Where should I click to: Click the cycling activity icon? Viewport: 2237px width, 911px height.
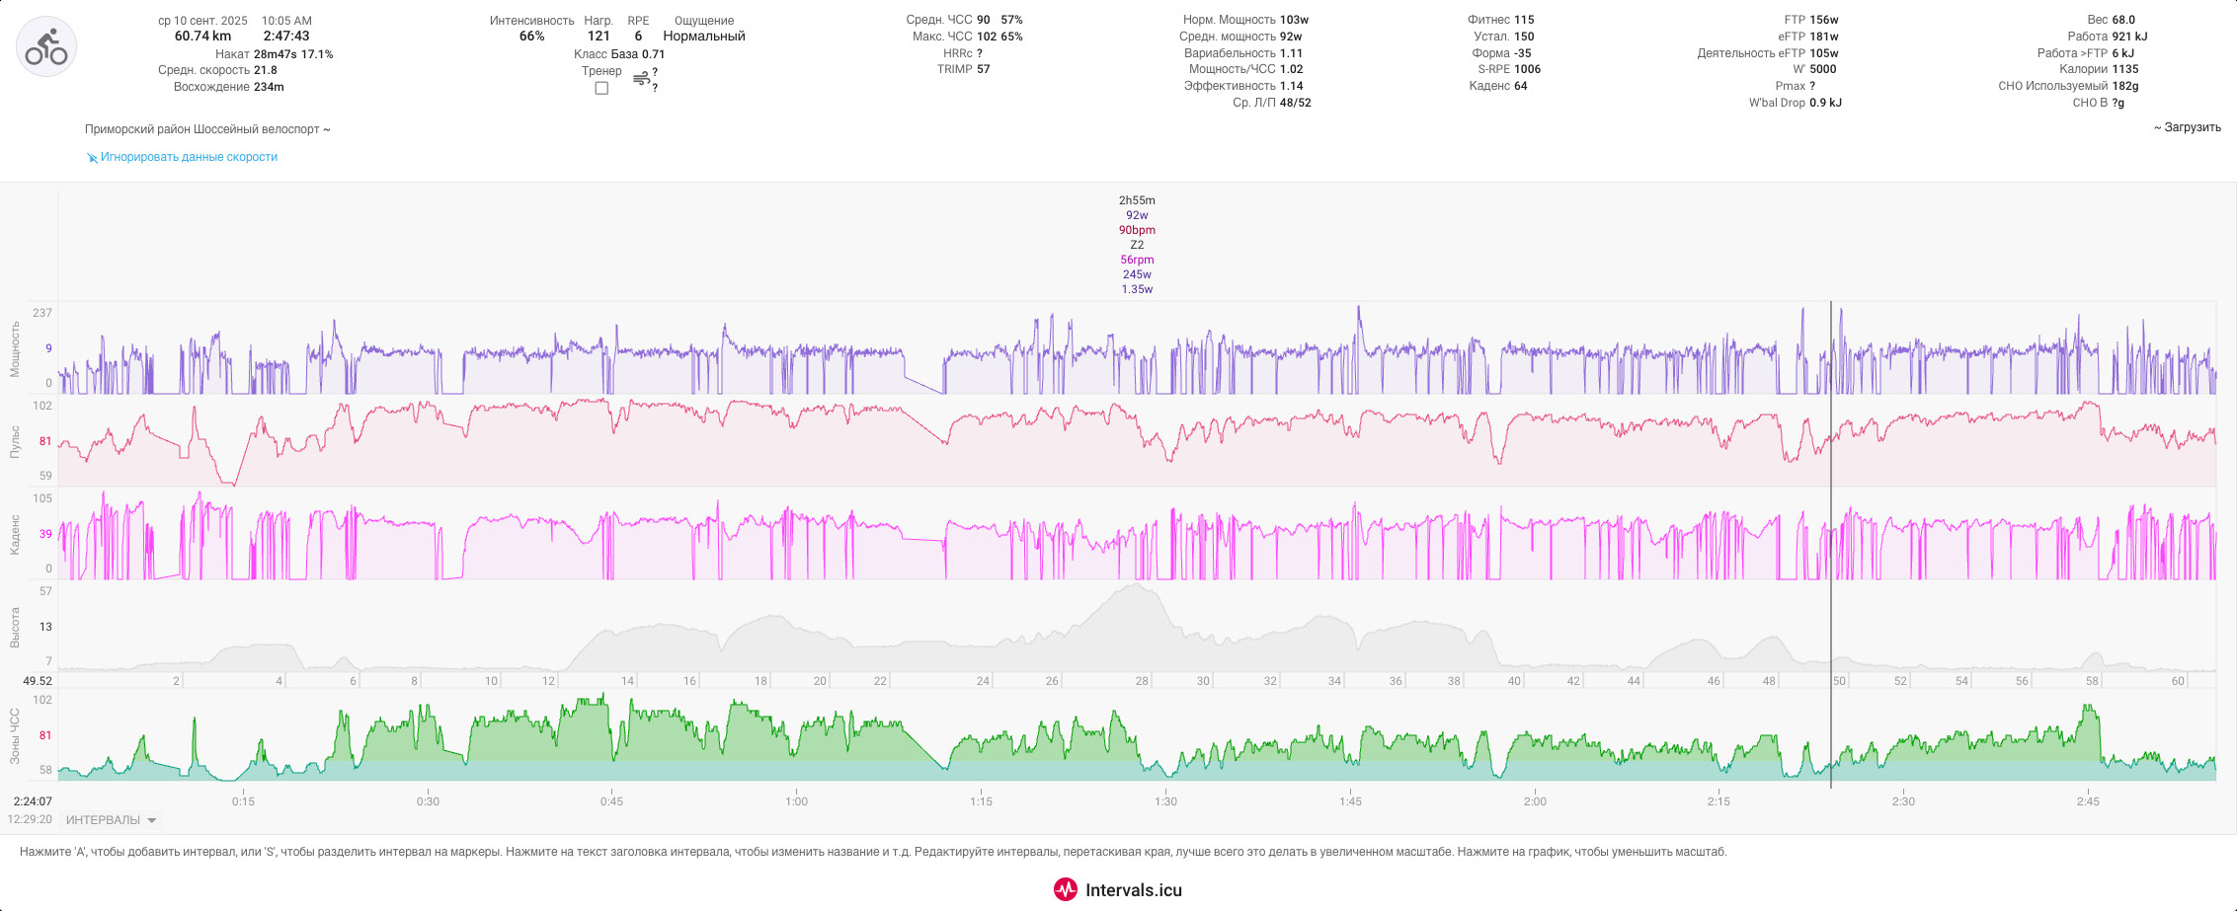pyautogui.click(x=46, y=46)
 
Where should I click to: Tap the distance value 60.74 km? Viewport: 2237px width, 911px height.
pyautogui.click(x=202, y=37)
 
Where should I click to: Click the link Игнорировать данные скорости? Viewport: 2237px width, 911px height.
pyautogui.click(x=189, y=157)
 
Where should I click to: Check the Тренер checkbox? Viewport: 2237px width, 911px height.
pyautogui.click(x=601, y=89)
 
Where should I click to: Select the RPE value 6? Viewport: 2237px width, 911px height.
pyautogui.click(x=638, y=37)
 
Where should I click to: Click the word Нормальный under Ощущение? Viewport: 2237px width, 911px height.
pyautogui.click(x=704, y=37)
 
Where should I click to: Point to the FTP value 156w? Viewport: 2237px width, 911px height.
pyautogui.click(x=1824, y=20)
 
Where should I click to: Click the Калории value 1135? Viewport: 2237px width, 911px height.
pyautogui.click(x=2125, y=69)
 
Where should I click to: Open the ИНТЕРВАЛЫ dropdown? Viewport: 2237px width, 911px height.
pyautogui.click(x=111, y=820)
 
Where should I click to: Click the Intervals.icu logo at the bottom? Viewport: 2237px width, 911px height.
pyautogui.click(x=1118, y=889)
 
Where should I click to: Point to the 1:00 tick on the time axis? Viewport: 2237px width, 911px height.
pyautogui.click(x=796, y=801)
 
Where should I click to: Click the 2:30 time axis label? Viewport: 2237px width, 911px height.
pyautogui.click(x=1903, y=801)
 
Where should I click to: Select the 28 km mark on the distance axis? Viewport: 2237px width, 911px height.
pyautogui.click(x=1142, y=681)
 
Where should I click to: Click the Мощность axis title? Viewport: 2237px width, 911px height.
pyautogui.click(x=15, y=348)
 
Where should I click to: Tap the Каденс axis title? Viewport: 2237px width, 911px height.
pyautogui.click(x=15, y=534)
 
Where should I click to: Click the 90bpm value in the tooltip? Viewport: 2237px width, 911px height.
pyautogui.click(x=1137, y=230)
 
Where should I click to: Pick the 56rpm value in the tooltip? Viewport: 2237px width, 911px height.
pyautogui.click(x=1137, y=260)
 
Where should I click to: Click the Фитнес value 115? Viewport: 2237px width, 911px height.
pyautogui.click(x=1524, y=20)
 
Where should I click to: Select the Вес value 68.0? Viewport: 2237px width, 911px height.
pyautogui.click(x=2123, y=20)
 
